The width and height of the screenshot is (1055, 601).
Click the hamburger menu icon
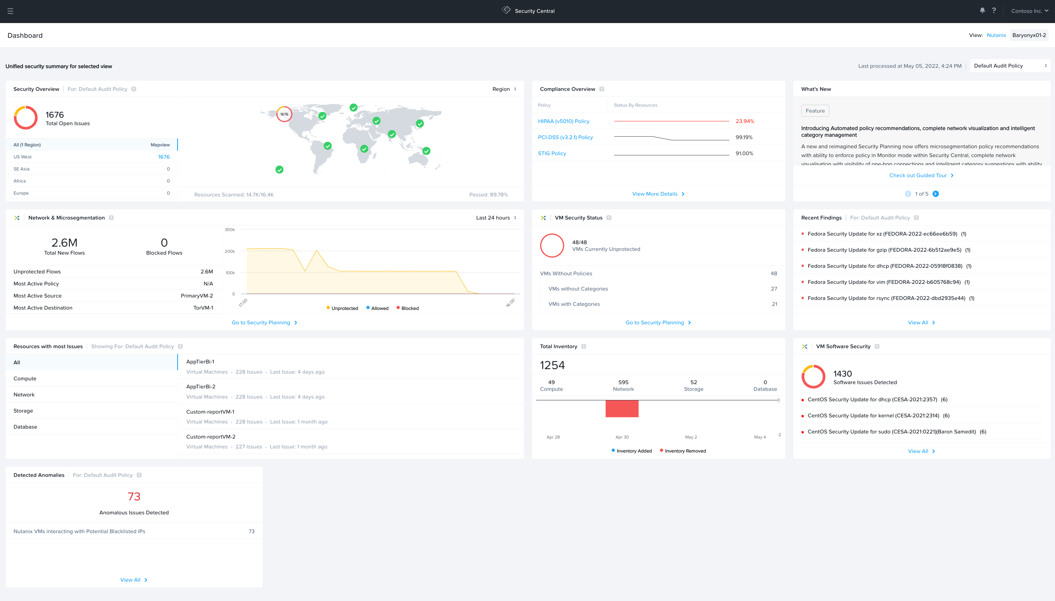click(10, 11)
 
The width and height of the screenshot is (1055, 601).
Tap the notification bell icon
click(982, 10)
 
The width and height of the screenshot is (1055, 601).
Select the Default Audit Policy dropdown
click(1010, 66)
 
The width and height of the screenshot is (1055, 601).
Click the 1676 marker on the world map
click(284, 114)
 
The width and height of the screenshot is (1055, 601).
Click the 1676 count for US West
click(164, 157)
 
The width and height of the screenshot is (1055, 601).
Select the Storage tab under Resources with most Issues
click(23, 411)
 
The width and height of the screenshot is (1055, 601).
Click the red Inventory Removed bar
click(622, 409)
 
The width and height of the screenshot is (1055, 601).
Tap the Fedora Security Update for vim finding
click(884, 282)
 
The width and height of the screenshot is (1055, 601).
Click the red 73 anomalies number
click(134, 496)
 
